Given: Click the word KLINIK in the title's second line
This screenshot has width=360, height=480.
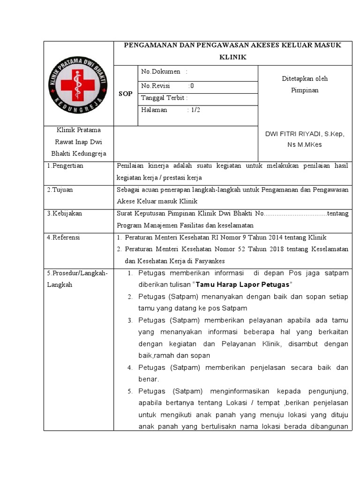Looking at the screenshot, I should [x=232, y=57].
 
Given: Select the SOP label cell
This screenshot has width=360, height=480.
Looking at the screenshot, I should [x=125, y=94].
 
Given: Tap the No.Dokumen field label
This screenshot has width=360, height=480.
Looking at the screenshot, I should [x=161, y=72].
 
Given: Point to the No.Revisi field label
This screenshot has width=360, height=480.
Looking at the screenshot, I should [x=155, y=86].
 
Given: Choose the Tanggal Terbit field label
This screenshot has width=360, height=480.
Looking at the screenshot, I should [x=164, y=98].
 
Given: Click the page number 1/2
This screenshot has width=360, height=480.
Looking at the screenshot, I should [x=193, y=110].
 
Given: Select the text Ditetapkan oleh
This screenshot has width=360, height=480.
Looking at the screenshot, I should [x=305, y=79].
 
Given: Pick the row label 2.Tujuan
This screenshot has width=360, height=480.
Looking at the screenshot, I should [x=60, y=190].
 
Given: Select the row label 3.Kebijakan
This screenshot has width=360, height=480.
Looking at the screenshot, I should [x=65, y=213].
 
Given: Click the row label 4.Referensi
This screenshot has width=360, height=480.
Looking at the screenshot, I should [x=64, y=238].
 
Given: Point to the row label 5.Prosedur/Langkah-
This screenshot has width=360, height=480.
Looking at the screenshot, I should [x=77, y=273].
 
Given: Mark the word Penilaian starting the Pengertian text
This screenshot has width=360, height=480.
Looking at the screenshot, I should [x=130, y=166].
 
